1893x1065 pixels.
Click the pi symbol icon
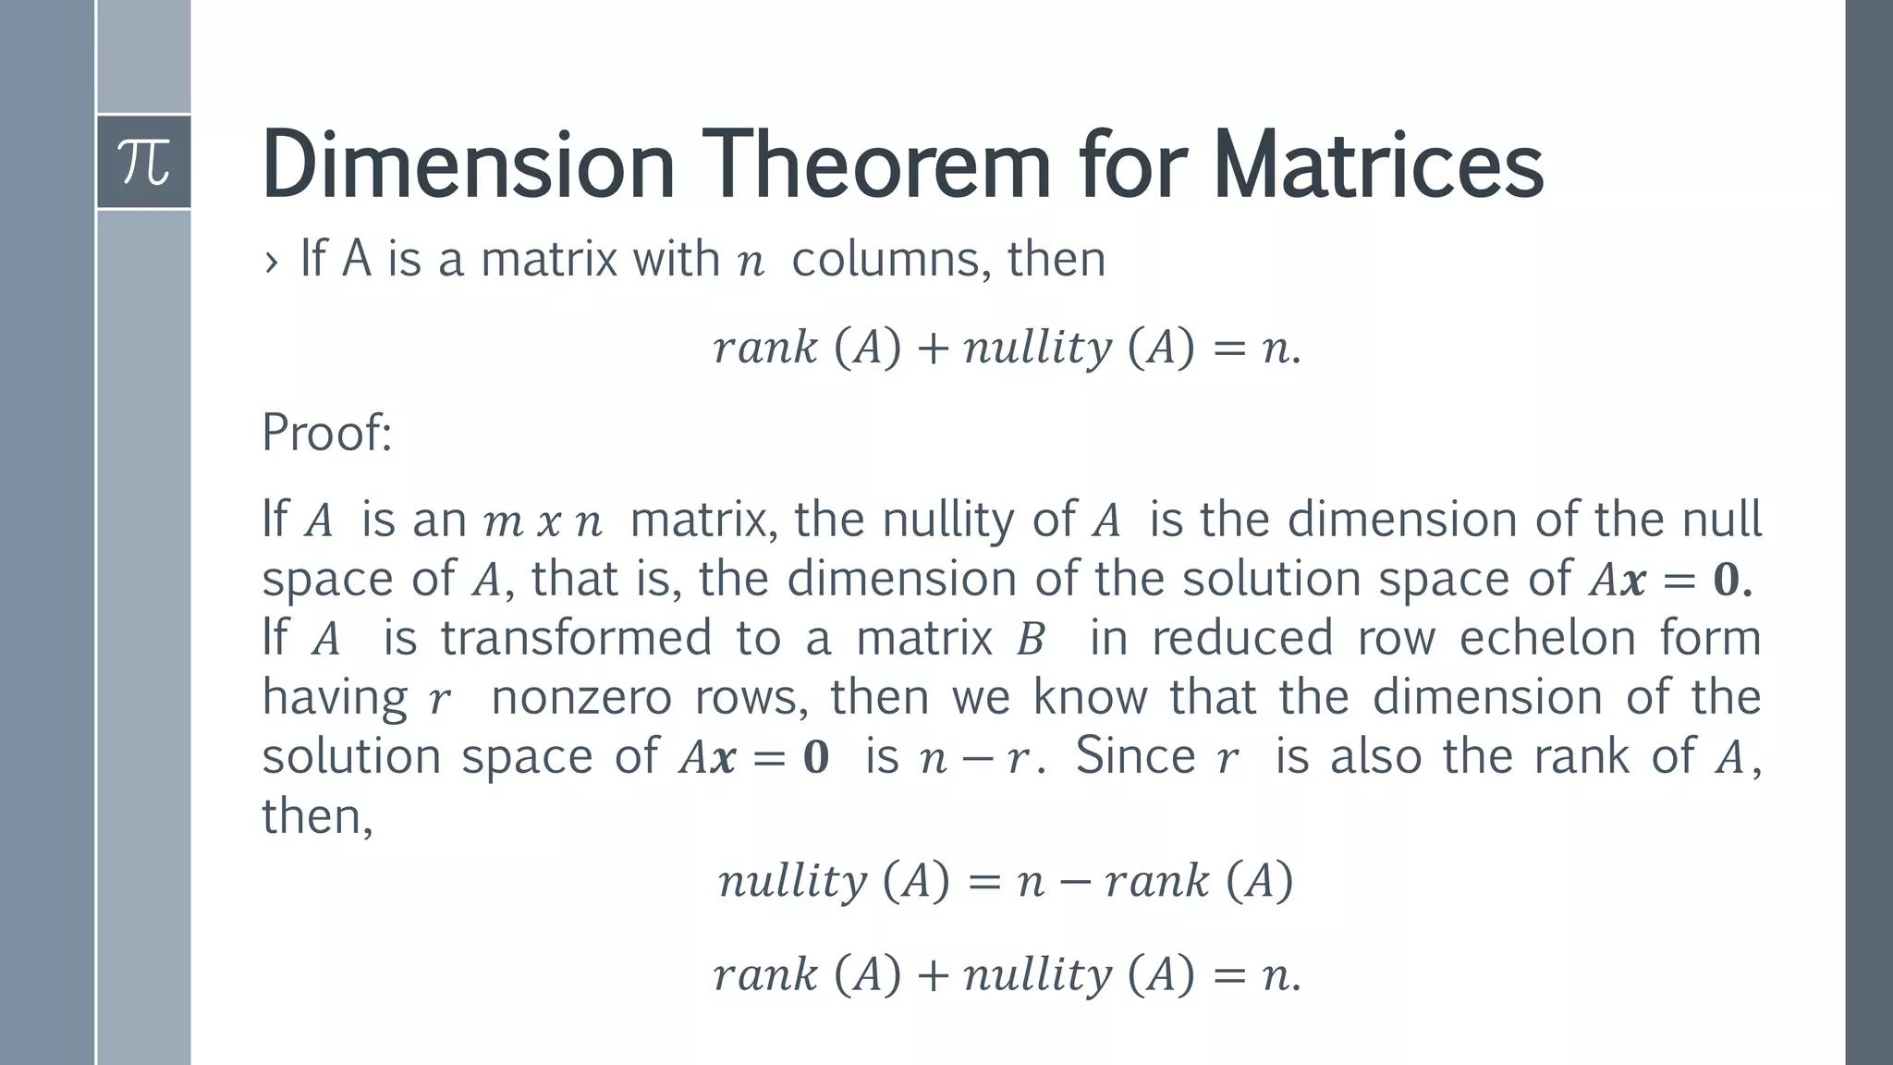coord(144,163)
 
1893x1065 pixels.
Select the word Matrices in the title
coord(1377,165)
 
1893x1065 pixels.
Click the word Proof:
coord(327,432)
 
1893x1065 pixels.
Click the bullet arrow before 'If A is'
coord(271,262)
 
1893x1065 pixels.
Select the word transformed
coord(575,638)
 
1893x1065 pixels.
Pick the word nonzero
coord(581,697)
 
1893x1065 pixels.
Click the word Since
coord(1135,756)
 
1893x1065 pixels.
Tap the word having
coord(334,699)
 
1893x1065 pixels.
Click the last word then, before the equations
coord(317,816)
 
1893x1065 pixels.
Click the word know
coord(1090,697)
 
